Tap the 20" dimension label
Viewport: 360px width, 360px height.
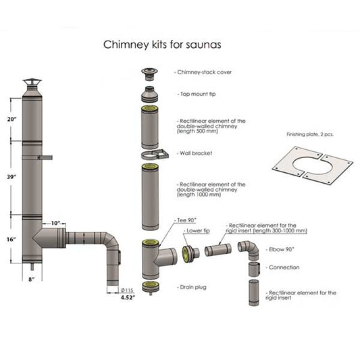click(11, 119)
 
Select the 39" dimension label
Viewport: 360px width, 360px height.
click(11, 176)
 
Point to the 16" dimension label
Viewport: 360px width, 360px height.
click(11, 239)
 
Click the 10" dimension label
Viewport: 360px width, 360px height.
click(55, 223)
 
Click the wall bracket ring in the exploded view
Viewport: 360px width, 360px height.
click(151, 155)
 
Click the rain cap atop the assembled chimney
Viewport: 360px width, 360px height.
click(32, 84)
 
